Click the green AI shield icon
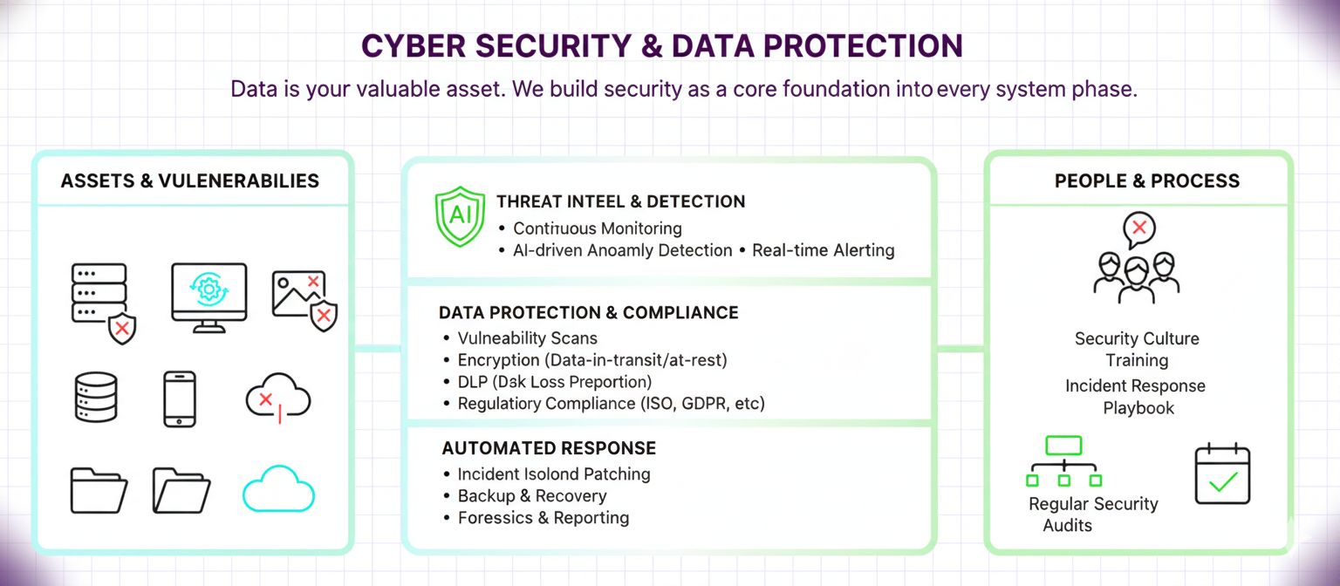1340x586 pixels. pos(459,217)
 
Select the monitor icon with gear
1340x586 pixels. pos(209,296)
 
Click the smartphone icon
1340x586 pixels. pos(180,399)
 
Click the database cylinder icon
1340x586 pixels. pos(95,398)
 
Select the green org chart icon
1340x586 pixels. pos(1063,461)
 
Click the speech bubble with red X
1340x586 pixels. pos(1138,229)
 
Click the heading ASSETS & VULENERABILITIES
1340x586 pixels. pos(190,181)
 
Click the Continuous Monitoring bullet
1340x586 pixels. pos(597,228)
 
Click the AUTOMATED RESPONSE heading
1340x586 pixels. pos(549,448)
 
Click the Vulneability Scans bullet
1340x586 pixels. pos(527,338)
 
